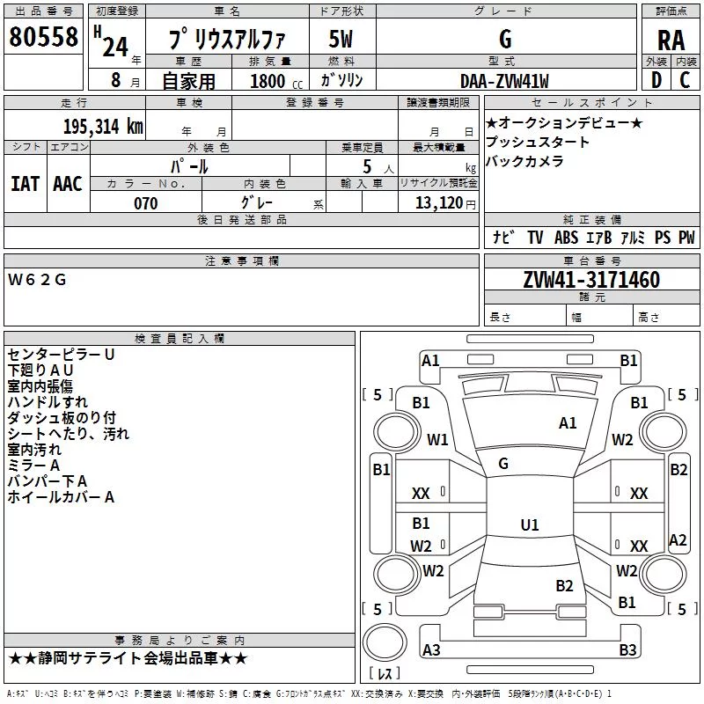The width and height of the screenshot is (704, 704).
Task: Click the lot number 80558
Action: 43,36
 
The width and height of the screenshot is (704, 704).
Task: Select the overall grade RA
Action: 671,40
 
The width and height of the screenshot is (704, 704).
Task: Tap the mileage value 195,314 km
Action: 103,127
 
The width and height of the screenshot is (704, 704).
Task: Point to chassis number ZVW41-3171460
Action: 591,279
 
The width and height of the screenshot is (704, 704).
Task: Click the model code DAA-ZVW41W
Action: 504,81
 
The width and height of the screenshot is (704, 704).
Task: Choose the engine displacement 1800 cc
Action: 276,81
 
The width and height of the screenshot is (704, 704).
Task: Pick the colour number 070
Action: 146,203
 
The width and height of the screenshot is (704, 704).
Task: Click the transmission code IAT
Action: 25,184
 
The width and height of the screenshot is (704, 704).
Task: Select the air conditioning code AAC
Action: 68,184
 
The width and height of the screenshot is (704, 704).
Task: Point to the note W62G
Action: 37,280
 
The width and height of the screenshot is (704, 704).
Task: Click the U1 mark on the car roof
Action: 530,524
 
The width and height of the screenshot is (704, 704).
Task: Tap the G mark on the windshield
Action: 503,464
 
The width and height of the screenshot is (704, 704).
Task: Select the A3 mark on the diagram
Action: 431,649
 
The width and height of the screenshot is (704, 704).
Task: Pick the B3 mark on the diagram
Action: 627,649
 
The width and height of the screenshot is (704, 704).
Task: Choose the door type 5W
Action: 341,39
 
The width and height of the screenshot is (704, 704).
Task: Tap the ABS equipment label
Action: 566,237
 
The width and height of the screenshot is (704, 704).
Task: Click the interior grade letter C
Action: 685,80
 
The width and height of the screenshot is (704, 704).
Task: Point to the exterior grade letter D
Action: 656,80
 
